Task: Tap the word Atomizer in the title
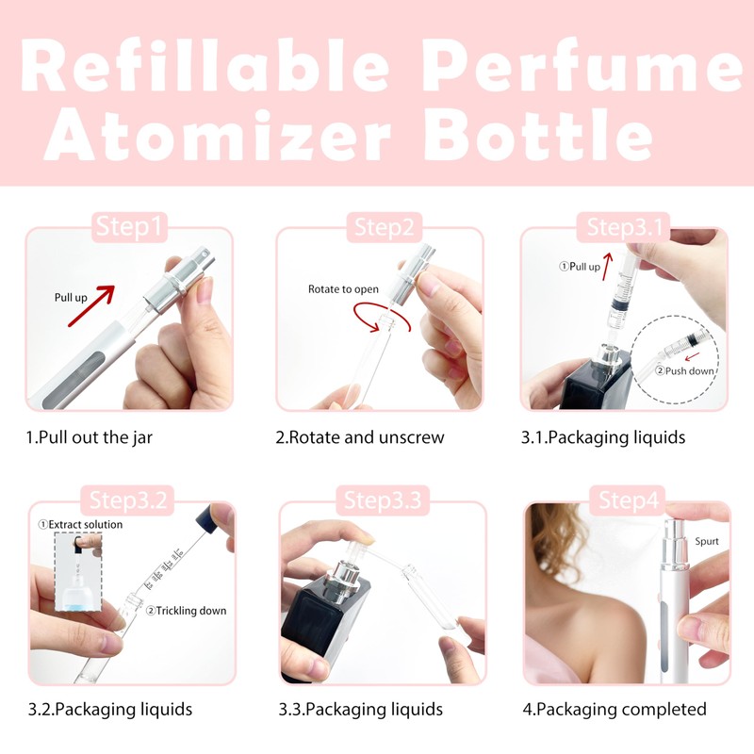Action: pyautogui.click(x=216, y=136)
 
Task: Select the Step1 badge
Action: pyautogui.click(x=129, y=227)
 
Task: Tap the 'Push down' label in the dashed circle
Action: pyautogui.click(x=689, y=370)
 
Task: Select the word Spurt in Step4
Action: pyautogui.click(x=707, y=542)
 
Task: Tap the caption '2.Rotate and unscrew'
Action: pyautogui.click(x=359, y=437)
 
